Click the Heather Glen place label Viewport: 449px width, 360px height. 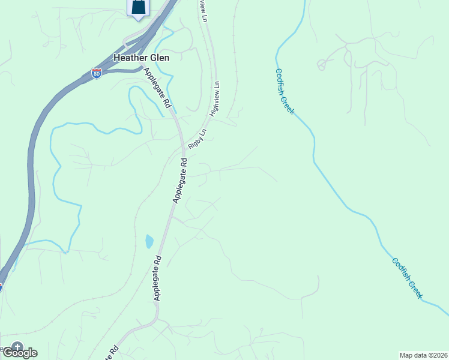coord(142,58)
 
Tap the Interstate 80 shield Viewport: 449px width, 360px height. coord(97,73)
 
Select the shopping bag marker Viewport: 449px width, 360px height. coord(138,8)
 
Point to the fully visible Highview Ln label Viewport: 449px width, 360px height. coord(213,99)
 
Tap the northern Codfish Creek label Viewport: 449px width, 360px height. coord(285,91)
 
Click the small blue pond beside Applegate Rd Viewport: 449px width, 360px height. coord(149,241)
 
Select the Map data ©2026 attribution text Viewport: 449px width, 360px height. coord(423,355)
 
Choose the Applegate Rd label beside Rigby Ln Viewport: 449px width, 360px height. coord(181,181)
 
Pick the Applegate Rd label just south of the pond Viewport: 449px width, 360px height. coord(157,278)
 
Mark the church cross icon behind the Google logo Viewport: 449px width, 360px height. coord(17,346)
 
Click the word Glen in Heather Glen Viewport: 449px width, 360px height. coord(160,58)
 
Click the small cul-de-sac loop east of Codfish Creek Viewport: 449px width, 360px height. coord(322,64)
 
